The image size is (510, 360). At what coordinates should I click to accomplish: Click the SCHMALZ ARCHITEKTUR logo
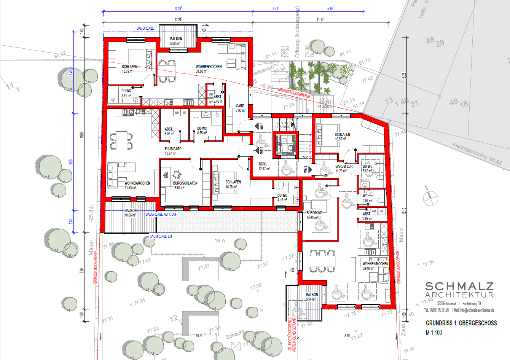tap(459, 290)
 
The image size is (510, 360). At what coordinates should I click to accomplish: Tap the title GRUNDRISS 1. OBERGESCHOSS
tap(461, 323)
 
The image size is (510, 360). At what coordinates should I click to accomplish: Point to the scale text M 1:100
tap(434, 333)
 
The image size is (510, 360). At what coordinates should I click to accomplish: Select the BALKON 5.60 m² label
tap(176, 41)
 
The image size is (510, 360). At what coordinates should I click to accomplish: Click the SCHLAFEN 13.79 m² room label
tap(129, 69)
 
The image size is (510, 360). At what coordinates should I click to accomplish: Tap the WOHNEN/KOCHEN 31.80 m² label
tap(209, 69)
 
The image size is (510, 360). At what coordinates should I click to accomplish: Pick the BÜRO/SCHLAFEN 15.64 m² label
tap(185, 185)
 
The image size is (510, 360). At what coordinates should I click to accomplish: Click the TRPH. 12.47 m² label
tap(264, 166)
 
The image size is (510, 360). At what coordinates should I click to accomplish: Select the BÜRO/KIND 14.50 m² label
tap(314, 215)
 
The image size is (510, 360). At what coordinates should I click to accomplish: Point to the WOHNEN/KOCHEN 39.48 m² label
tap(375, 266)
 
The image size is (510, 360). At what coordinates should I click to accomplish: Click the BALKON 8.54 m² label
tap(312, 297)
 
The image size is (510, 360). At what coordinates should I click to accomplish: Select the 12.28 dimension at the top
tap(178, 8)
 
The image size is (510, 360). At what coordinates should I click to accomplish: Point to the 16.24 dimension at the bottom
tap(199, 336)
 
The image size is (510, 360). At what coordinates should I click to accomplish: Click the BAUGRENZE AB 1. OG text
tap(161, 215)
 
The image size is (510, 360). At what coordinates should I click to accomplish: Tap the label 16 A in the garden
tap(220, 241)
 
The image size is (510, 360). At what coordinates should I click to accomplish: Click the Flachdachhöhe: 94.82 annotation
tap(477, 153)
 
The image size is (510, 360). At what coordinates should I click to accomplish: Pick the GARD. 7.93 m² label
tap(241, 108)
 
